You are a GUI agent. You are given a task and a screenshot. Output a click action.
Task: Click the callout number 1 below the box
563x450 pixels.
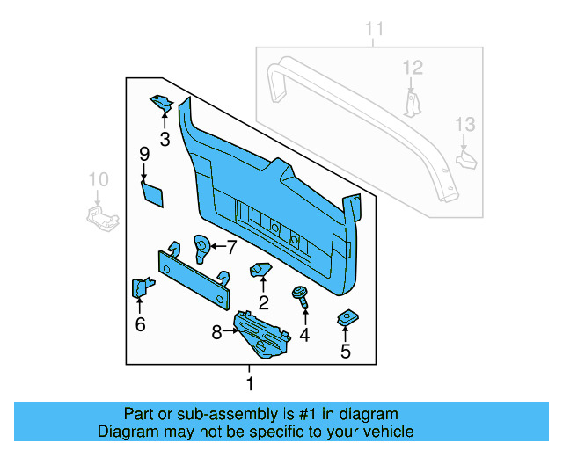point(250,383)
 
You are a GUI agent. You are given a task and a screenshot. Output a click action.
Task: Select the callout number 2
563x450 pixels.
point(263,303)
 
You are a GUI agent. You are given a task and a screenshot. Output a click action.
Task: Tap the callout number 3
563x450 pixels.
point(165,139)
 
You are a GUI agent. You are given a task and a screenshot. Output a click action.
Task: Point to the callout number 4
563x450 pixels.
point(304,334)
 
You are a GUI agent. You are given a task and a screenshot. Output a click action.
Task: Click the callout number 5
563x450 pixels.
point(345,352)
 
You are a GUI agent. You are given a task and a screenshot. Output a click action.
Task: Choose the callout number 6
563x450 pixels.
point(140,324)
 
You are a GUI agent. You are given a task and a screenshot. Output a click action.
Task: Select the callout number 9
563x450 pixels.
point(144,155)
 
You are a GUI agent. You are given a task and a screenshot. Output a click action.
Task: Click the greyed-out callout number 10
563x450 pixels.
point(98,179)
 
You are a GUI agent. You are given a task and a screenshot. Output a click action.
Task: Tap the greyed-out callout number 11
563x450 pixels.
point(375,29)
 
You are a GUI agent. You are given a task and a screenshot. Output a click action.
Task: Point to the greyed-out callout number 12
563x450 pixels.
point(413,67)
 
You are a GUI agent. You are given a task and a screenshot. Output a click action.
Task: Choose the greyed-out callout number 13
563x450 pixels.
point(464,126)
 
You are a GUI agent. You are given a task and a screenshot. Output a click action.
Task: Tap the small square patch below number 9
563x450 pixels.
point(152,193)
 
